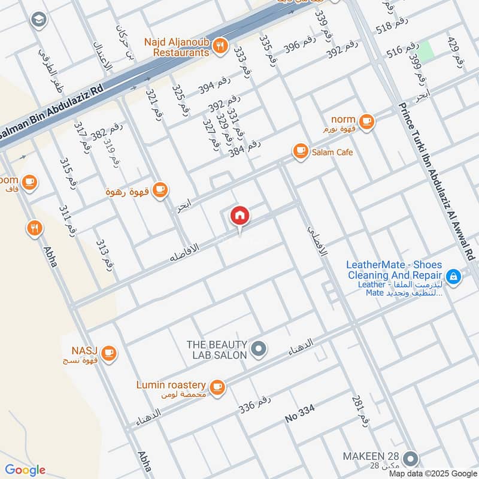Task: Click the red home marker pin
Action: [x=239, y=216]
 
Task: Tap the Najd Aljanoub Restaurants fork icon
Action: [x=220, y=44]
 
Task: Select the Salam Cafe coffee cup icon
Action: [x=299, y=152]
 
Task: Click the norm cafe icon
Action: [x=366, y=121]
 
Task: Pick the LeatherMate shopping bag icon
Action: [x=453, y=276]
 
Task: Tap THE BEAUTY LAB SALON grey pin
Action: [x=259, y=348]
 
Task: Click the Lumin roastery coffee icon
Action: [x=217, y=386]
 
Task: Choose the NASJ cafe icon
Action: [x=108, y=353]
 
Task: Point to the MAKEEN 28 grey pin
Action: [x=410, y=459]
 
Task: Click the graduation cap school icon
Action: [x=38, y=20]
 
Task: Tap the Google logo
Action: [x=25, y=470]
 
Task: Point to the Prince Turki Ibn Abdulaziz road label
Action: [x=436, y=180]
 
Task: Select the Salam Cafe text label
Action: [x=332, y=152]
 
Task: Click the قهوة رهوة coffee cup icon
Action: [x=159, y=190]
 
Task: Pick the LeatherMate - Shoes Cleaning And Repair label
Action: [x=395, y=270]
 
